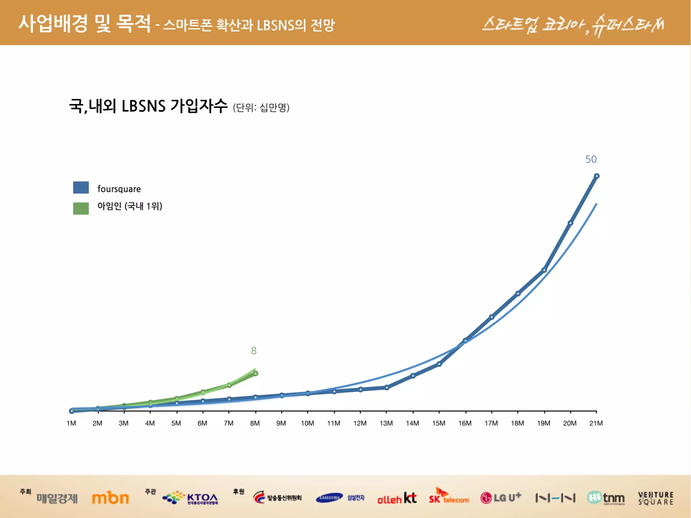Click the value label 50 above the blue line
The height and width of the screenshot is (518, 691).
[591, 159]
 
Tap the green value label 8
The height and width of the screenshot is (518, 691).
[254, 351]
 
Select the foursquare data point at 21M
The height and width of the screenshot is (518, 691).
[597, 176]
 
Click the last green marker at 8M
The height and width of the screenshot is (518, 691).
[255, 373]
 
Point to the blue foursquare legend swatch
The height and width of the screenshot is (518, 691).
[81, 188]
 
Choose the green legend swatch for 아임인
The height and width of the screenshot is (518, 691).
[81, 208]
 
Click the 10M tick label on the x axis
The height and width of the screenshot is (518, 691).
[307, 423]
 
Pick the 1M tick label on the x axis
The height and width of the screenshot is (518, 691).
[71, 423]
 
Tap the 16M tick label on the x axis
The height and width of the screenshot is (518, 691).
[465, 423]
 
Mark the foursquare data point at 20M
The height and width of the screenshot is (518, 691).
[570, 223]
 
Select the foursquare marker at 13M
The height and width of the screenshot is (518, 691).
[387, 387]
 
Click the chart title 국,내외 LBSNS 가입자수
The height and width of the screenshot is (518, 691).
[148, 106]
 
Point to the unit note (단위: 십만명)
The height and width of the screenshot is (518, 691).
[261, 108]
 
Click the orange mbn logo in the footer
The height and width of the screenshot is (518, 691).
[110, 498]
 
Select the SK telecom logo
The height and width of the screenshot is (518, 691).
[449, 497]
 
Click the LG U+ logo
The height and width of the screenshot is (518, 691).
[501, 498]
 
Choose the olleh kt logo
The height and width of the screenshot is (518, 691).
[397, 498]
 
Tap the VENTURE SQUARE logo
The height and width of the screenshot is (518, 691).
[655, 498]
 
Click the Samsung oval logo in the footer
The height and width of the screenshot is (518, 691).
[329, 498]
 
